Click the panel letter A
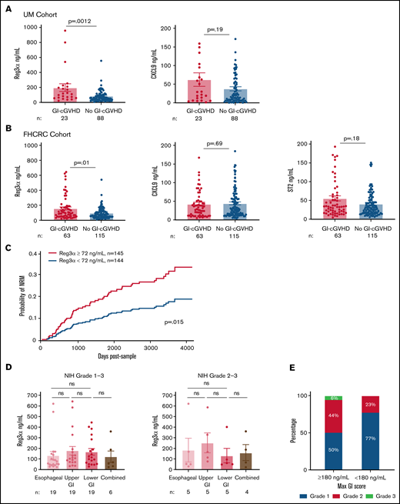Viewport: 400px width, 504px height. [6, 7]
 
